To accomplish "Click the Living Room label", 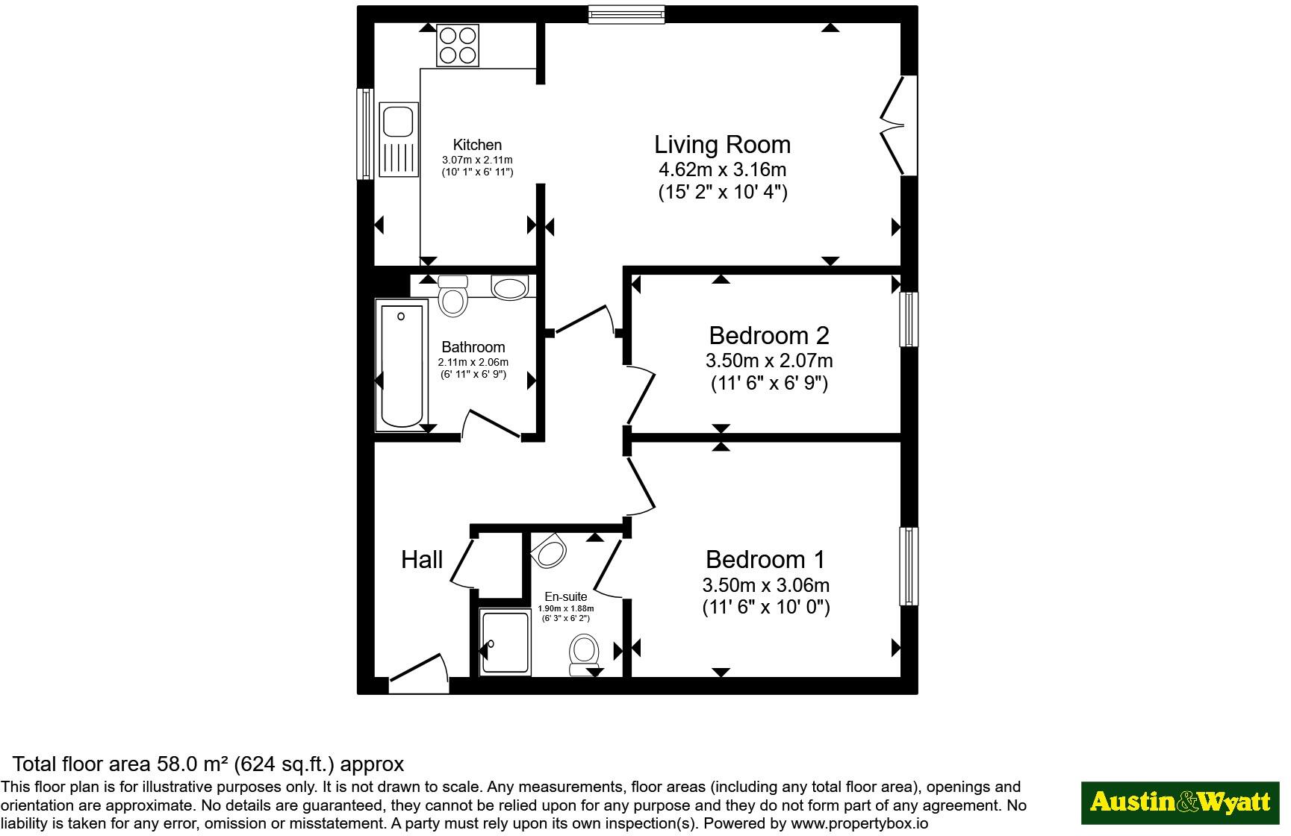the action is pyautogui.click(x=722, y=144).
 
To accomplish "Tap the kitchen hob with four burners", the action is pyautogui.click(x=458, y=46).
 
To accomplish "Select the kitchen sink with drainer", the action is pyautogui.click(x=399, y=140).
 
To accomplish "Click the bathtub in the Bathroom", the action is pyautogui.click(x=402, y=365).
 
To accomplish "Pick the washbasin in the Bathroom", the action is pyautogui.click(x=509, y=288).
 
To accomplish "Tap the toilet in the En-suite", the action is pyautogui.click(x=583, y=655).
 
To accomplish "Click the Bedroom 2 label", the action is pyautogui.click(x=768, y=335).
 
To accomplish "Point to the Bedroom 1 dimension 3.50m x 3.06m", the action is pyautogui.click(x=765, y=584).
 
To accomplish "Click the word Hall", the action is pyautogui.click(x=422, y=559).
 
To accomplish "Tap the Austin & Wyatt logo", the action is pyautogui.click(x=1180, y=803).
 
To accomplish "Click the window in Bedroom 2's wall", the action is pyautogui.click(x=909, y=319).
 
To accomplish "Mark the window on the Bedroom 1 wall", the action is pyautogui.click(x=909, y=567).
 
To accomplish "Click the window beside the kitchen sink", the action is pyautogui.click(x=365, y=134).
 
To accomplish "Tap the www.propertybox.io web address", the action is pyautogui.click(x=859, y=824).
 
